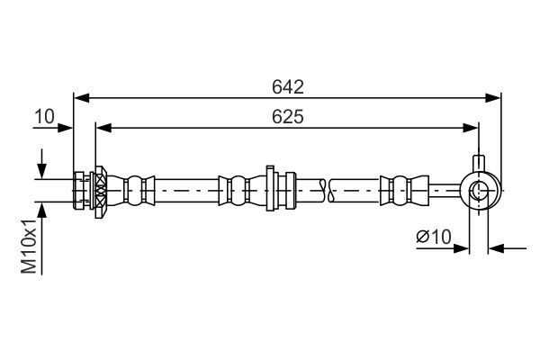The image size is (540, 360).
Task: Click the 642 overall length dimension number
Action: point(288,86)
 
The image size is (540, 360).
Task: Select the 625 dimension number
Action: point(288,117)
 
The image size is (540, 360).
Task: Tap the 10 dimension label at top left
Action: point(44,117)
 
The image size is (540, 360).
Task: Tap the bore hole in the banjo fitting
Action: point(479,190)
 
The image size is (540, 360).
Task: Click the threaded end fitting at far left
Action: point(81,190)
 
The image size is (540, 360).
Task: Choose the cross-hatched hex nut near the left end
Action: point(100,190)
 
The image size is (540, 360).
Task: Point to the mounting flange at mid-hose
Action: point(269,189)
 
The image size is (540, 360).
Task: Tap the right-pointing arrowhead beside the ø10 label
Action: point(463,247)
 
